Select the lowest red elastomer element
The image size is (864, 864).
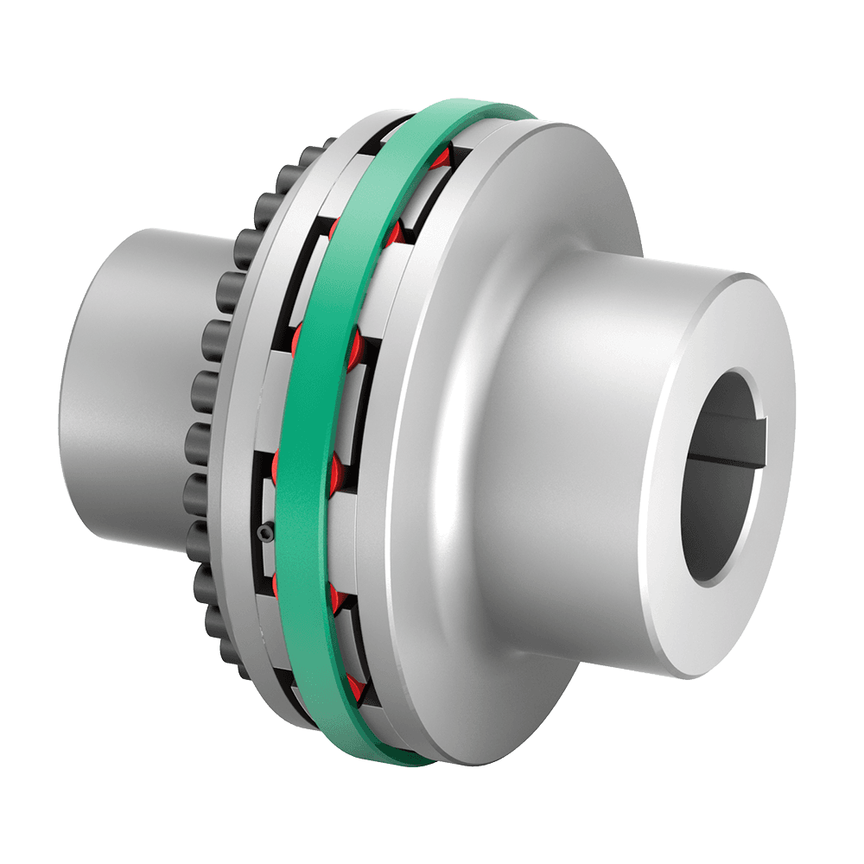coord(354,688)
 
